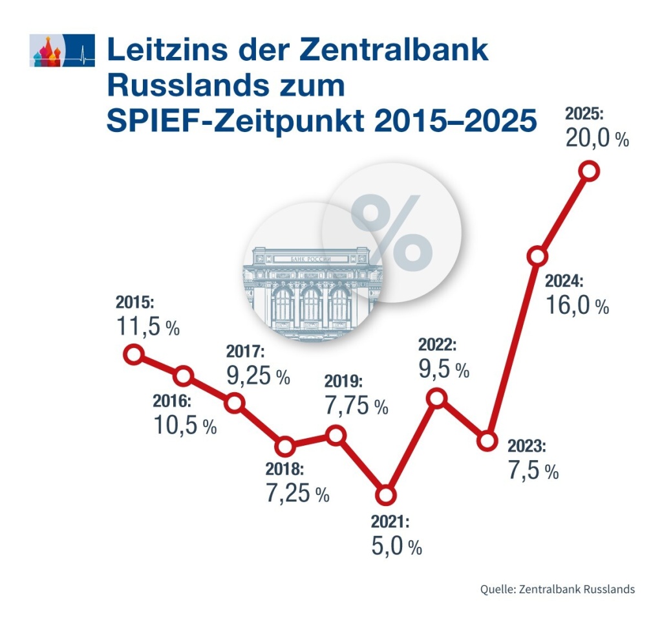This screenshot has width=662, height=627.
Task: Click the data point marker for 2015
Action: [133, 354]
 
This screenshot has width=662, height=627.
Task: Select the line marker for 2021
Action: [385, 495]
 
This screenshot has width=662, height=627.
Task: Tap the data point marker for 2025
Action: [589, 170]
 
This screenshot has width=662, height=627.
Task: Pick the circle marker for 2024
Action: [538, 256]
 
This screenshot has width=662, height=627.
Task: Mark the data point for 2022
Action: [437, 398]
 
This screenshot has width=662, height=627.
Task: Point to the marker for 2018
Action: [284, 446]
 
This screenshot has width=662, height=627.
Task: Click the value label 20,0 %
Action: [597, 138]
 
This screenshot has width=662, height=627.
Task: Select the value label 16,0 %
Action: [577, 305]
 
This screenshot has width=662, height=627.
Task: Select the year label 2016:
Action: [172, 401]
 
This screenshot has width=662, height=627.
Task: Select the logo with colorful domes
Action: [62, 51]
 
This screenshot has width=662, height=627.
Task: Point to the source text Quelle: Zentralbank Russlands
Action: [557, 589]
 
